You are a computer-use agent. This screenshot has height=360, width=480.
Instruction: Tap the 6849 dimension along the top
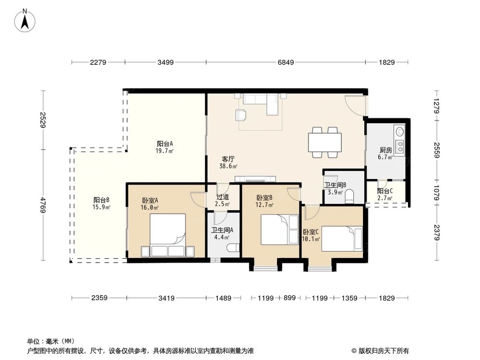coord(285,62)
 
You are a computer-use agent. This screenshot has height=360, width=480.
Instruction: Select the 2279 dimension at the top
coord(97,62)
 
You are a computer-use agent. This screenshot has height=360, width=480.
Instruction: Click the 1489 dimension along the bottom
coord(224,298)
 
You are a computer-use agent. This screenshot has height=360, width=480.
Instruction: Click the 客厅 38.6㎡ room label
coord(228,162)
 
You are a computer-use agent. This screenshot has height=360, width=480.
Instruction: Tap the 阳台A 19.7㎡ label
coord(165,146)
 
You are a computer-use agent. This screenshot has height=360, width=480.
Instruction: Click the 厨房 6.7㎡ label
coord(385,153)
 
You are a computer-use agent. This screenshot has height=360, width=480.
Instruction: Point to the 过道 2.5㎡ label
coord(222,200)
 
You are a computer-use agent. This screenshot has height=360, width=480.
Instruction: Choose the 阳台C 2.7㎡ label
coord(385,193)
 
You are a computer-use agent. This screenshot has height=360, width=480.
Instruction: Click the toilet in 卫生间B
coord(349,195)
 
